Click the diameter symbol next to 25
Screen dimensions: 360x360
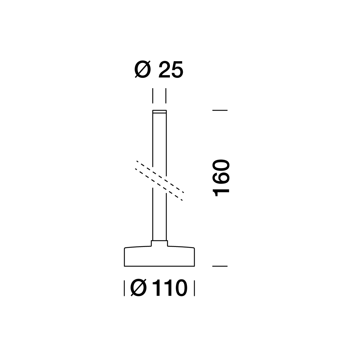143,69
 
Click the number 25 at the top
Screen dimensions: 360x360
171,69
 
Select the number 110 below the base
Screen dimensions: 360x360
171,288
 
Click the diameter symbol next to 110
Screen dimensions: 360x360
139,288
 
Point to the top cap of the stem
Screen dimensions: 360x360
159,112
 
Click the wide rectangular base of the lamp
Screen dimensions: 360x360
159,257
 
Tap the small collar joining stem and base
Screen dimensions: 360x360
159,243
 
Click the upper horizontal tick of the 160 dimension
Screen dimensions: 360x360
220,111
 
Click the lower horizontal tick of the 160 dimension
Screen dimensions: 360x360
220,266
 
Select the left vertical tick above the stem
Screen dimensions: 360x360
153,96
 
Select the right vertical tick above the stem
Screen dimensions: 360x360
166,96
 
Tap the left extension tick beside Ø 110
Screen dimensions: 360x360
124,288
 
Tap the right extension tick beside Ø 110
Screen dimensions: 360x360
194,288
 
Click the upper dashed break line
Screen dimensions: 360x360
160,176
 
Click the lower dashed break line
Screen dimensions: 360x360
159,185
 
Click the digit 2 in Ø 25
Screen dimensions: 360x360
165,69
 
